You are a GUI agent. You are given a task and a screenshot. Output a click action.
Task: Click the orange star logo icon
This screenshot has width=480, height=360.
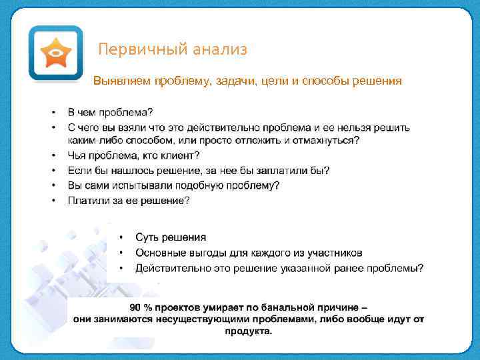pyautogui.click(x=55, y=53)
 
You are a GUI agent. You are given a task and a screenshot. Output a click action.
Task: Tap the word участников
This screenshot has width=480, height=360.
pyautogui.click(x=333, y=253)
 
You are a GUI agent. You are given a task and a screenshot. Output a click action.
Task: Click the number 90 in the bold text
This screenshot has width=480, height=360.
pyautogui.click(x=135, y=307)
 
